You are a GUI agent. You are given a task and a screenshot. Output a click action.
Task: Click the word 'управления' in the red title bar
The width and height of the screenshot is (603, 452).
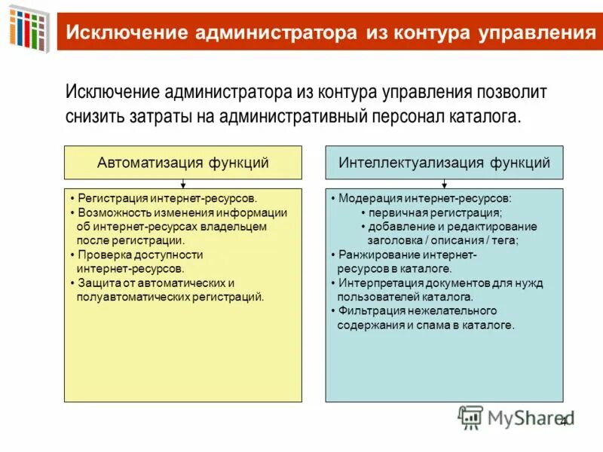coord(536,32)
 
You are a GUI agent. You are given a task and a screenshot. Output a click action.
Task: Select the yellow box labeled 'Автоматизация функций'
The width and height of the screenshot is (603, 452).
coord(182,162)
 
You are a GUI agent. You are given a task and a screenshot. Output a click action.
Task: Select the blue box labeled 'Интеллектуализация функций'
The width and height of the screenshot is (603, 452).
coord(444,162)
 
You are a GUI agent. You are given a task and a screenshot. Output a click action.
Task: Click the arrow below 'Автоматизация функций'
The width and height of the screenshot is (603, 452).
coord(183,183)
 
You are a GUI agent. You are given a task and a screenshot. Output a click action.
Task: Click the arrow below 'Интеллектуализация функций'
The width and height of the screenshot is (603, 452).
coord(444,183)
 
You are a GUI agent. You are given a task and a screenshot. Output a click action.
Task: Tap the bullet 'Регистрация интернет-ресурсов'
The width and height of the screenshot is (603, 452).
coord(164,199)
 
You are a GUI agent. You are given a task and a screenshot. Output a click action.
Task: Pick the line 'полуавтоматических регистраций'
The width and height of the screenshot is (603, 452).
coord(170,297)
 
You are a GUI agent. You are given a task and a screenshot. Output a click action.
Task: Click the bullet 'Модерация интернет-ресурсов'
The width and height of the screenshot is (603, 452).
coord(424,199)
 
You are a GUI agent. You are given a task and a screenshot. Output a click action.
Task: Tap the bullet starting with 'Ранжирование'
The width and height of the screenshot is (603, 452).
coord(407,255)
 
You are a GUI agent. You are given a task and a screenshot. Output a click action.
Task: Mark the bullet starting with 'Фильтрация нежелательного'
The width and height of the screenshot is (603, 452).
coord(417,311)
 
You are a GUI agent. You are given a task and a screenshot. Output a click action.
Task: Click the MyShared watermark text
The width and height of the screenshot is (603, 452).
coord(520,417)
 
